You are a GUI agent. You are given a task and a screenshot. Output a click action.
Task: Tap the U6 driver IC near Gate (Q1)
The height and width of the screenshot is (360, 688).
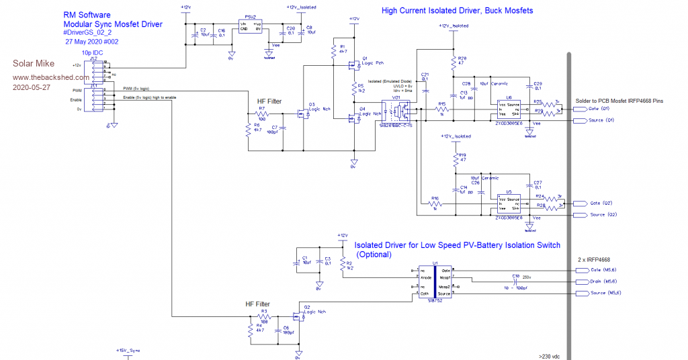point(509,108)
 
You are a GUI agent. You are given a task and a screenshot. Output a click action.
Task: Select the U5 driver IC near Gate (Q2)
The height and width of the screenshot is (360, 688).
point(509,204)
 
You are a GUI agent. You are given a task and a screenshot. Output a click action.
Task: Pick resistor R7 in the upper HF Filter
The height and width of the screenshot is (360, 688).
point(262,115)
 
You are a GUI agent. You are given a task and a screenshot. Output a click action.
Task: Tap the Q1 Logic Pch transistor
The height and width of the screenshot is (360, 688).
point(353,65)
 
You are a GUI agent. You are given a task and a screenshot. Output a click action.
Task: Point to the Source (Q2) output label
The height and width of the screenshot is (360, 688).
point(601,215)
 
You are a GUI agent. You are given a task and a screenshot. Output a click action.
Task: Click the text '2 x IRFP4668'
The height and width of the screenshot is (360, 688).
point(595,259)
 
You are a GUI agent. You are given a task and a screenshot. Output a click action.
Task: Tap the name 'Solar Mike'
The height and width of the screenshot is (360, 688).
point(31,64)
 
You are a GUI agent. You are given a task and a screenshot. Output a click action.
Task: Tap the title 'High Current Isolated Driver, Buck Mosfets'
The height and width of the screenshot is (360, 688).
point(457,11)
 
